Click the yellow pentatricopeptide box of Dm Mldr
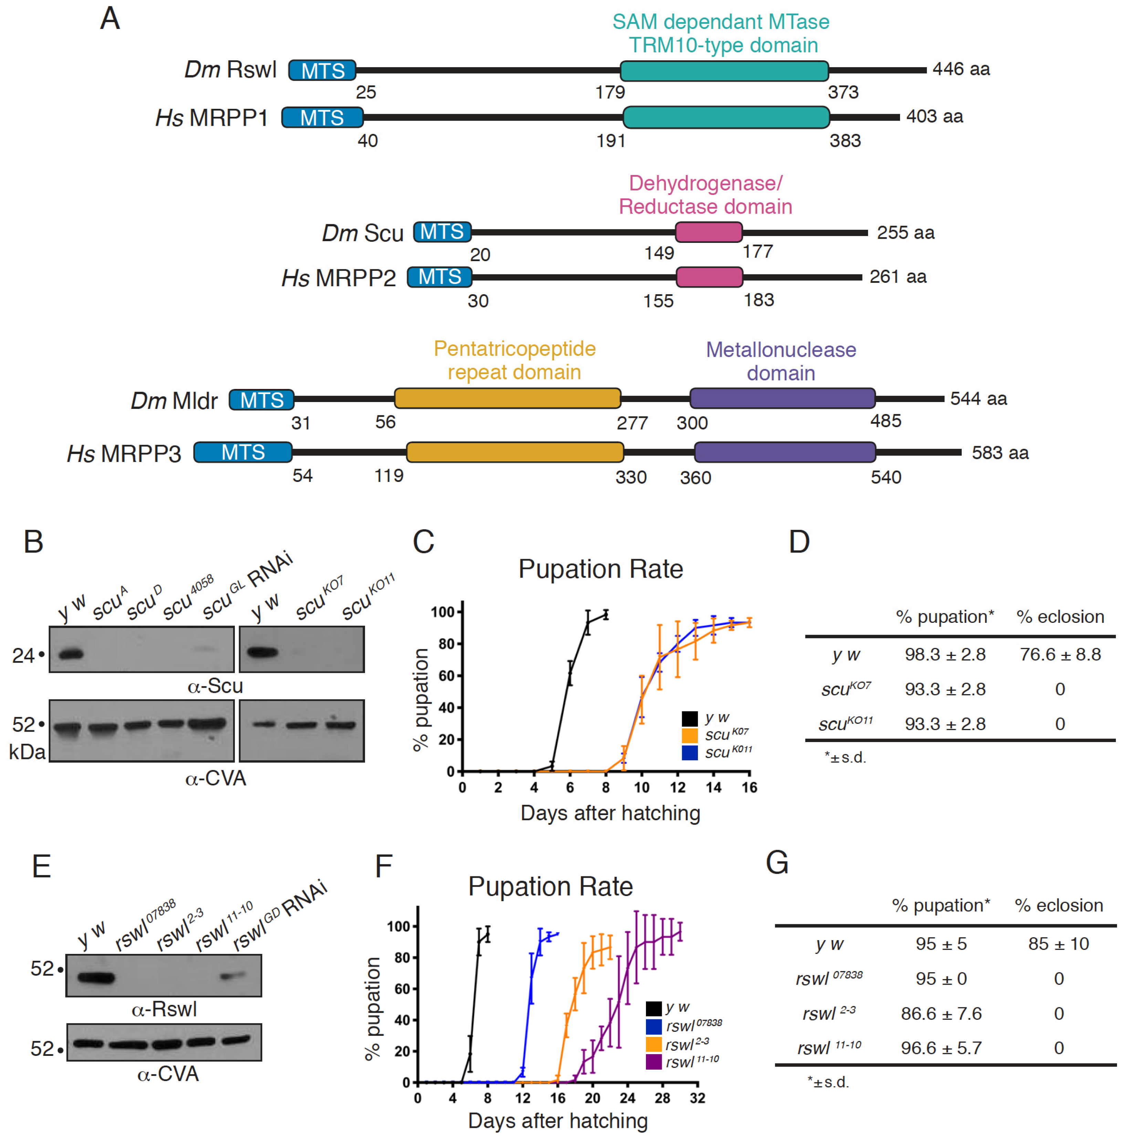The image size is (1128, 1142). [x=507, y=398]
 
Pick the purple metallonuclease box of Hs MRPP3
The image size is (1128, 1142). [x=784, y=452]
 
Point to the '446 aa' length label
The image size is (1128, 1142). [x=960, y=69]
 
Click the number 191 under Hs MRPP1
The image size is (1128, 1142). [x=610, y=141]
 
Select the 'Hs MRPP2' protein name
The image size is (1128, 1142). [x=338, y=278]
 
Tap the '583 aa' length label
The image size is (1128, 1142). [x=1000, y=453]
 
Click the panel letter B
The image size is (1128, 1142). [x=34, y=542]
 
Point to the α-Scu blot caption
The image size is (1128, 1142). [x=215, y=686]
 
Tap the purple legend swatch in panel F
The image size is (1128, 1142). [x=654, y=1062]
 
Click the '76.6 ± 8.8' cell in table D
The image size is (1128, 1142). [x=1060, y=654]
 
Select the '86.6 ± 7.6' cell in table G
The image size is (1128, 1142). [x=941, y=1014]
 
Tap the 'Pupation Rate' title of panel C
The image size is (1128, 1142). [x=600, y=569]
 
